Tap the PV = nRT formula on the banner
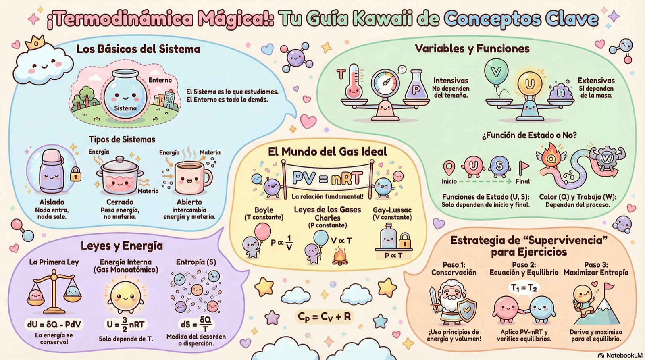click(x=327, y=179)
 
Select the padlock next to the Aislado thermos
click(x=75, y=174)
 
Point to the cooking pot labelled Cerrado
click(x=119, y=176)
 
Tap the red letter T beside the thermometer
click(x=341, y=74)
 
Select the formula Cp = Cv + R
click(x=324, y=317)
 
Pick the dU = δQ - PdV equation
click(x=54, y=324)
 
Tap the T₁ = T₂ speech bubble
click(x=524, y=288)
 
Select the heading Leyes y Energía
click(x=122, y=246)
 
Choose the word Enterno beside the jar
click(x=160, y=80)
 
